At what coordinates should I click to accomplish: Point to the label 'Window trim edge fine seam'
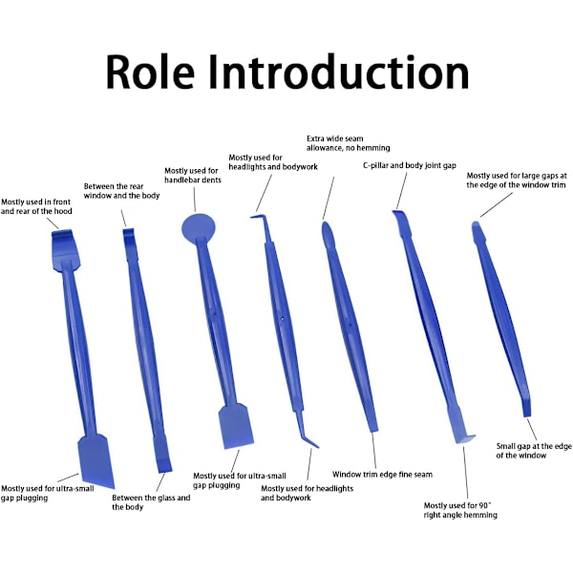[x=382, y=474]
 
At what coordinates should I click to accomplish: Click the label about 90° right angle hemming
[x=461, y=509]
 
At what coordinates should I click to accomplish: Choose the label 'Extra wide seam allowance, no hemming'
[x=335, y=143]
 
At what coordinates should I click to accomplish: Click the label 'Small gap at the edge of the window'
[x=534, y=451]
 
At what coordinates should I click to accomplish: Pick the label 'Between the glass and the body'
[x=151, y=502]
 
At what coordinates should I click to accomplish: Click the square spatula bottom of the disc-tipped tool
[x=235, y=427]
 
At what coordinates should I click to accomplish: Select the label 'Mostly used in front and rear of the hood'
[x=36, y=206]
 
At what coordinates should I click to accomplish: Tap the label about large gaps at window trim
[x=516, y=180]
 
